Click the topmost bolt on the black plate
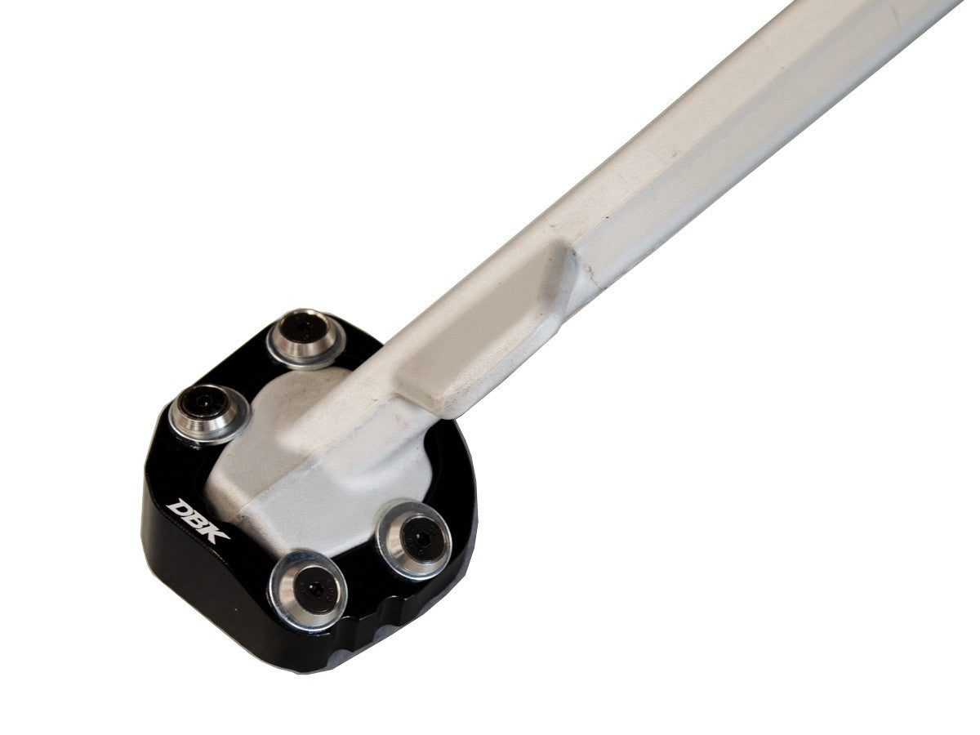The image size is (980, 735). pyautogui.click(x=304, y=336)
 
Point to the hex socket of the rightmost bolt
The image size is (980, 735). pyautogui.click(x=418, y=537)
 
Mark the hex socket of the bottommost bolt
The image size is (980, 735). pyautogui.click(x=311, y=588)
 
